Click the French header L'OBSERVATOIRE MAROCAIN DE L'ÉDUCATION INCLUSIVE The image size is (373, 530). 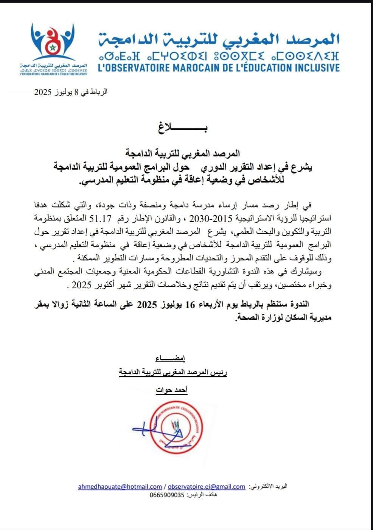(219, 68)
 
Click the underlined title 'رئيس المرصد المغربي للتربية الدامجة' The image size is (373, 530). (173, 372)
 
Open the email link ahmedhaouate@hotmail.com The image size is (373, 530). (120, 486)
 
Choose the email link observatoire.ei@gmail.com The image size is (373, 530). (206, 486)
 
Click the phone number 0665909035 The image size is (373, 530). (166, 495)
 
